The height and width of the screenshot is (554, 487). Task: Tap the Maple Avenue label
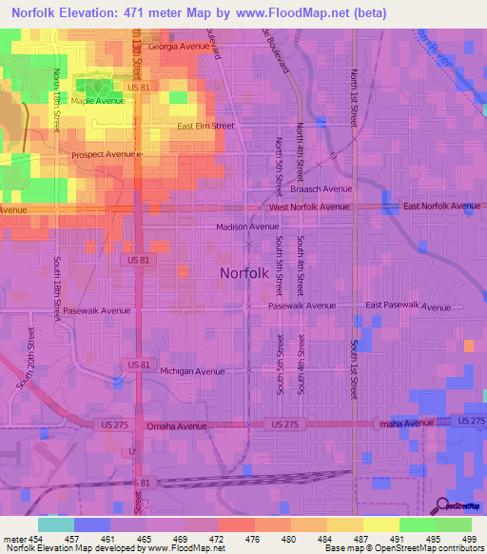point(98,100)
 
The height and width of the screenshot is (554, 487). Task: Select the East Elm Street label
point(205,126)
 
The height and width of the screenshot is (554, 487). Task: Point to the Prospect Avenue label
point(107,153)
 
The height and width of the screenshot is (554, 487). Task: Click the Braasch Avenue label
point(322,188)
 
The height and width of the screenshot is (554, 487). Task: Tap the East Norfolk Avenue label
point(441,206)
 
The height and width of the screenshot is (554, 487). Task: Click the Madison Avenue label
point(247,227)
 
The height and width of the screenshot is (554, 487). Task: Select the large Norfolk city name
point(250,273)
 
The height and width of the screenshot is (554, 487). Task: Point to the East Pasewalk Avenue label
point(408,307)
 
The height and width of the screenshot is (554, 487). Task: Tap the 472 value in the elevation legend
point(219,539)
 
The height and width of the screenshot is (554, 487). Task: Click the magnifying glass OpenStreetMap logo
point(443,505)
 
